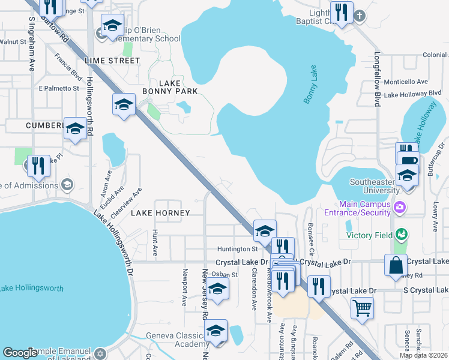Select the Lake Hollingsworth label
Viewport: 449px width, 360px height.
tap(31, 289)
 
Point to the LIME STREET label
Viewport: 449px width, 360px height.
tap(112, 61)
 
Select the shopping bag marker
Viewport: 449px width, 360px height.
tap(396, 265)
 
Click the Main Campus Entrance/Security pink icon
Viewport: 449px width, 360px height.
tap(399, 208)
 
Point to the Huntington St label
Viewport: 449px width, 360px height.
tap(237, 248)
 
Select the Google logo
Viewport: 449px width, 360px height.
tap(21, 353)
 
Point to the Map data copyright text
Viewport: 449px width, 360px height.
tap(423, 355)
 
